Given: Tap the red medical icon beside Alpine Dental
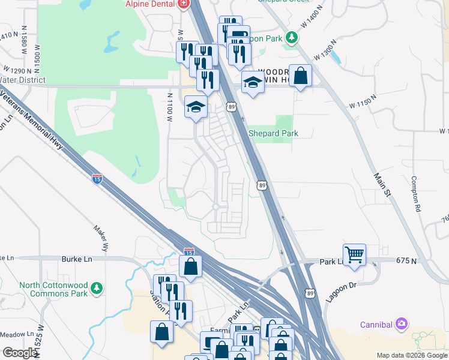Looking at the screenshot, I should coord(183,4).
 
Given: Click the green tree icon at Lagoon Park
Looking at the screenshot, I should coord(291,38).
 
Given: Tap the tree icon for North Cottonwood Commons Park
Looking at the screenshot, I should coord(97,290).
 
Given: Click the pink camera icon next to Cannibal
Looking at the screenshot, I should coord(401,325).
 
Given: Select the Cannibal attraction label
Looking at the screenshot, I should coord(376,325).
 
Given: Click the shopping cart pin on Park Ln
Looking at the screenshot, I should coord(354,254).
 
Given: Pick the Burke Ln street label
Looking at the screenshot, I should coord(76,259).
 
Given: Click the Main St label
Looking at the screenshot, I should coord(382,182).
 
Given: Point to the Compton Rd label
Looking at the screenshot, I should coord(415,194).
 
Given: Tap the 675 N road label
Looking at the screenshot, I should coord(406,260).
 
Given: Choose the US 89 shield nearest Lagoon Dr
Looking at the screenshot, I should coord(310,293).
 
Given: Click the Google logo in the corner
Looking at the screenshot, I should coord(20,353).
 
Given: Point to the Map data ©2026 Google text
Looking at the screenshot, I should coord(412,355).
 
